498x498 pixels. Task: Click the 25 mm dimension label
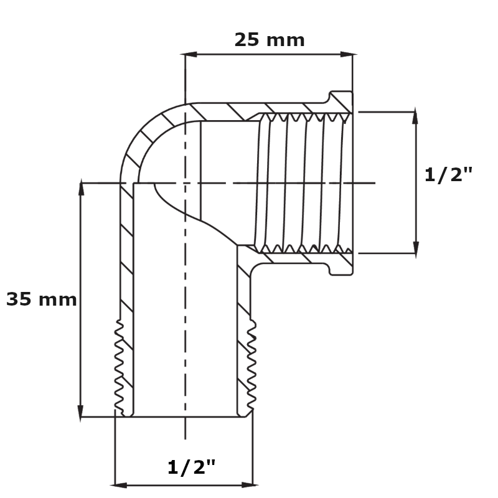pos(269,40)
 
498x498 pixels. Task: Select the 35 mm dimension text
pos(41,300)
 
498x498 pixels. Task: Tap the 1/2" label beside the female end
pos(448,175)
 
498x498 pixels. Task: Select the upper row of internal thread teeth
pos(305,116)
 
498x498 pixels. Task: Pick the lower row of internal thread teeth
pos(305,249)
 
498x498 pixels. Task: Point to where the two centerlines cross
pos(186,183)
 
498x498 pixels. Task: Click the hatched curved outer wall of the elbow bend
pos(140,134)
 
